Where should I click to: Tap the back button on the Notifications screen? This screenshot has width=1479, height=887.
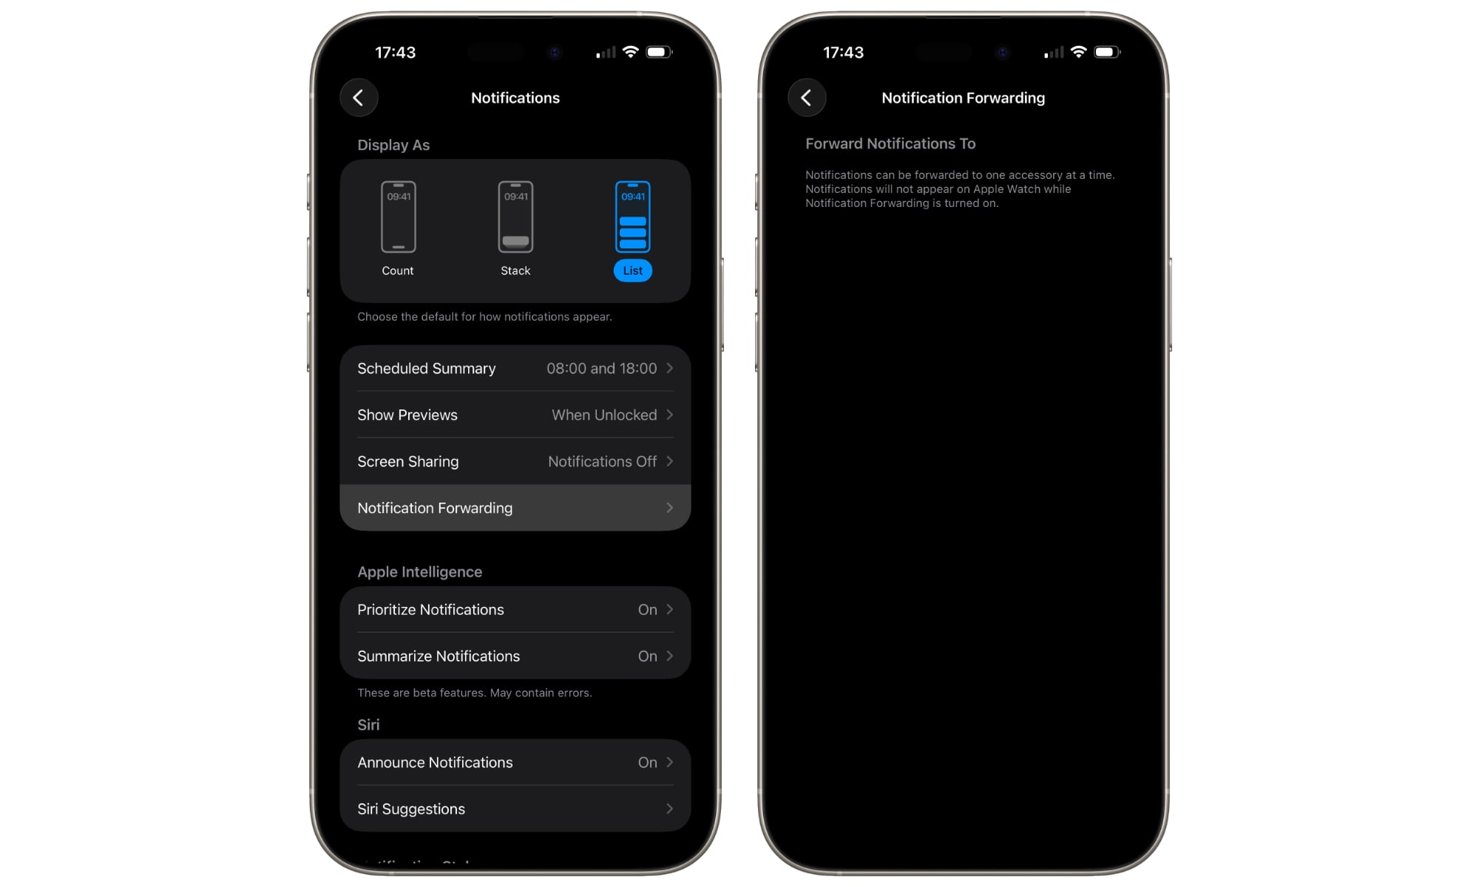(359, 98)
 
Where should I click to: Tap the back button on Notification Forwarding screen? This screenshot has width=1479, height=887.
(807, 98)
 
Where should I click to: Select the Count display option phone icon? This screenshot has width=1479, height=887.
(398, 217)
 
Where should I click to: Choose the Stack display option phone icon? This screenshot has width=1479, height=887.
(515, 217)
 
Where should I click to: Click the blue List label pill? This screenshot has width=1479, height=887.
(632, 271)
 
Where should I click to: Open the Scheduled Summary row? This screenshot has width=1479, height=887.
(515, 368)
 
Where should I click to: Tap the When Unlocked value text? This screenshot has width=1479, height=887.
(604, 415)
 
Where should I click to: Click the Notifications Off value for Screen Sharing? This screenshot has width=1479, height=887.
(602, 461)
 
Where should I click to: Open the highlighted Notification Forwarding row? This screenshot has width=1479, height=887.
(515, 508)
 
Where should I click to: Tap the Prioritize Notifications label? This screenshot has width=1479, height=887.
(430, 610)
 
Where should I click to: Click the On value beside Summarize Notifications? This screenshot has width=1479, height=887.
(647, 656)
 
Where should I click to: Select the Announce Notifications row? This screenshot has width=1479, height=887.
(515, 762)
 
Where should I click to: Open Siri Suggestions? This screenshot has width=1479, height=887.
(515, 809)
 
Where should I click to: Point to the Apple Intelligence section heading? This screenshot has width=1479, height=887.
(419, 572)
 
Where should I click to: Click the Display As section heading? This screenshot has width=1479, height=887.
(393, 145)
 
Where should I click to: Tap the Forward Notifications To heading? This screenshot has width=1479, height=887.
(890, 143)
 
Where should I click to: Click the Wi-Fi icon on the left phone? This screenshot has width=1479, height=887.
(630, 52)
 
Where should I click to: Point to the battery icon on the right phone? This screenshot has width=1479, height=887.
(1106, 52)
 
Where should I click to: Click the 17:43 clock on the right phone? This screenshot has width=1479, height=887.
(843, 52)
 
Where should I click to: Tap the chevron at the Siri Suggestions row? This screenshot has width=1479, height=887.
(669, 809)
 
